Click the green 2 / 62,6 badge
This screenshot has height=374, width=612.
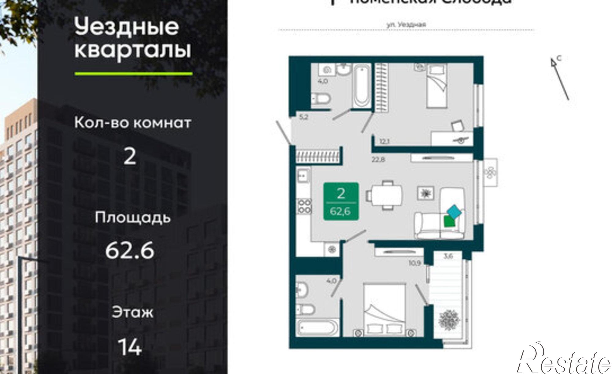(x=341, y=201)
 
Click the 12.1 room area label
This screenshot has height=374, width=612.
(x=384, y=141)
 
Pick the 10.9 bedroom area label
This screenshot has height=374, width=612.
(x=414, y=263)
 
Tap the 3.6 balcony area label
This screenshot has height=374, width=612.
(x=448, y=256)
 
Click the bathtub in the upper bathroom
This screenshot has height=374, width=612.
(x=362, y=86)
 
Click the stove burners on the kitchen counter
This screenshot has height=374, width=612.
(x=304, y=206)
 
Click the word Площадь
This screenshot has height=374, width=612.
(x=132, y=218)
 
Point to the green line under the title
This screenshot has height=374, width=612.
(x=133, y=73)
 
